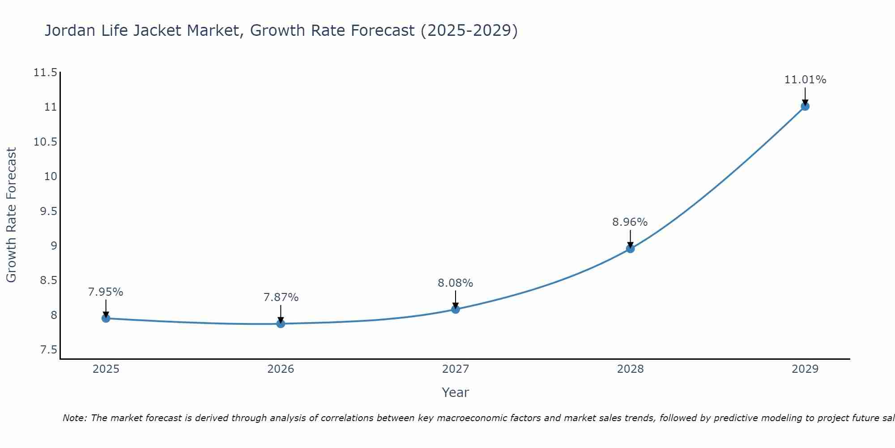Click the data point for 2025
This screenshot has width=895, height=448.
coord(106,318)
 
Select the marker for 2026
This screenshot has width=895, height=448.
coord(281,323)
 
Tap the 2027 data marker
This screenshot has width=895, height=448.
coord(456,309)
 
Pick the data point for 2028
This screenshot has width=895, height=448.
coord(630,249)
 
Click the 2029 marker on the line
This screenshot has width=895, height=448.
coord(805,106)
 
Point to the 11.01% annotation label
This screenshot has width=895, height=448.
coord(805,80)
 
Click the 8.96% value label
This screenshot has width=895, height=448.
coord(630,222)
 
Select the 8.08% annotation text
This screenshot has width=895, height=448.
coord(455,283)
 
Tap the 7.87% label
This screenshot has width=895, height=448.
coord(281,297)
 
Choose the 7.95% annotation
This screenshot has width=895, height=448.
coord(106,292)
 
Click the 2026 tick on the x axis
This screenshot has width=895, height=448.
coord(281,369)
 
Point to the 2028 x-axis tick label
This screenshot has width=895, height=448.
coord(630,369)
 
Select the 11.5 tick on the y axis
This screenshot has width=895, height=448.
coord(46,73)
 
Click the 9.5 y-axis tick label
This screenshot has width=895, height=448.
coord(48,211)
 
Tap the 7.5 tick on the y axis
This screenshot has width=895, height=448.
coord(48,350)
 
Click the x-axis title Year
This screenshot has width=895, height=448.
coord(455,392)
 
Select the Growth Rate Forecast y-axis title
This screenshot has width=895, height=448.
coord(11,215)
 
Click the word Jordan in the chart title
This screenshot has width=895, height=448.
coord(70,30)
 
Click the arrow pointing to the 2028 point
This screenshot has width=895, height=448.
coord(630,239)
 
